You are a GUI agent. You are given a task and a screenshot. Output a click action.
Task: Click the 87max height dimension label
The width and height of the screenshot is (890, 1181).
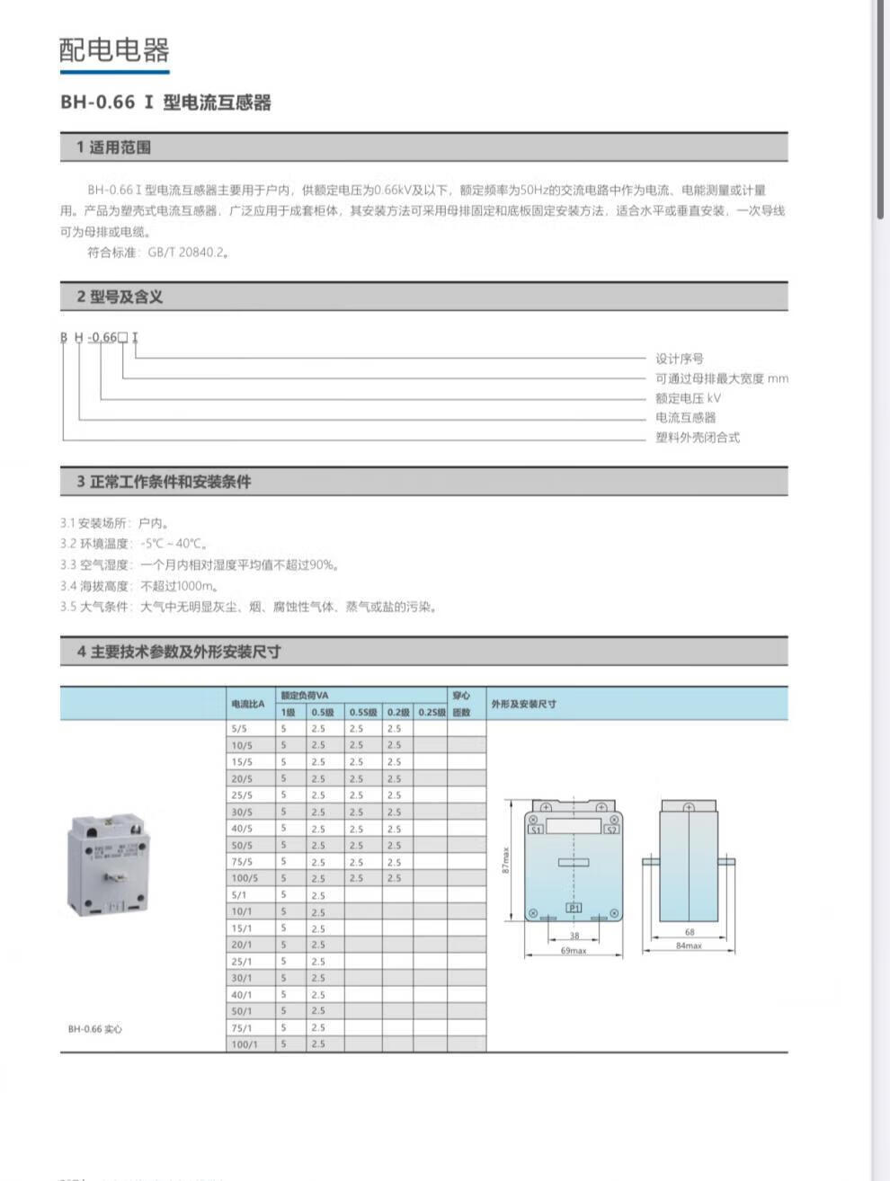(x=506, y=860)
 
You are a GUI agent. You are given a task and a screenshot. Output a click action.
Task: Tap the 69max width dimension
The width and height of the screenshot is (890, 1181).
(x=574, y=950)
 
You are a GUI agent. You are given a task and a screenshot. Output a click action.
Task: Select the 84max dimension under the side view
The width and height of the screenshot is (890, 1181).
(x=689, y=946)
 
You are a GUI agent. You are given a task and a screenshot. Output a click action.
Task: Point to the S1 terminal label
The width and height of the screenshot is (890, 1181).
(x=536, y=830)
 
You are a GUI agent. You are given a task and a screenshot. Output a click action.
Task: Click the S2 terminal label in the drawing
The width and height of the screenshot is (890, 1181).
(x=611, y=830)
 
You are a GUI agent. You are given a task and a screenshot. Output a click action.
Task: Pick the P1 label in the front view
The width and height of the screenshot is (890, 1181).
(x=574, y=909)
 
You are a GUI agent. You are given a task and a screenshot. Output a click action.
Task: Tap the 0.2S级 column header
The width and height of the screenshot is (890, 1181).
(x=432, y=712)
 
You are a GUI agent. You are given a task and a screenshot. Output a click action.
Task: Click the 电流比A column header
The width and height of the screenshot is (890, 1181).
(x=248, y=704)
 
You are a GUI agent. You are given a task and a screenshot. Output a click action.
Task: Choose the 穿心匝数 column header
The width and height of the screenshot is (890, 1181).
(x=461, y=704)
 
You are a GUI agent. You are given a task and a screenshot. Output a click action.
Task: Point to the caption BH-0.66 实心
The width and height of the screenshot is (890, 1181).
(x=94, y=1028)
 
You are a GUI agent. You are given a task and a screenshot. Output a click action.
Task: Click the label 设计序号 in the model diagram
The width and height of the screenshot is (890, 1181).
(x=679, y=359)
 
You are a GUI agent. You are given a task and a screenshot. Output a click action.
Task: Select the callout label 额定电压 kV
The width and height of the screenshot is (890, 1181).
(x=688, y=398)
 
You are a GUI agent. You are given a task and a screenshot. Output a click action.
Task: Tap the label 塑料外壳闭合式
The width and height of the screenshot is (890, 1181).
(x=698, y=438)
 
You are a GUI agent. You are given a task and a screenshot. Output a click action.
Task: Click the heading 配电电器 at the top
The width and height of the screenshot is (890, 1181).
(x=114, y=49)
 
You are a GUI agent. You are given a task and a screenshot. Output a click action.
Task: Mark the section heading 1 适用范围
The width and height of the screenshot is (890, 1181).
(x=113, y=147)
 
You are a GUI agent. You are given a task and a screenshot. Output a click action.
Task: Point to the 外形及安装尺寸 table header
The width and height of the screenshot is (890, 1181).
(x=523, y=704)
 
